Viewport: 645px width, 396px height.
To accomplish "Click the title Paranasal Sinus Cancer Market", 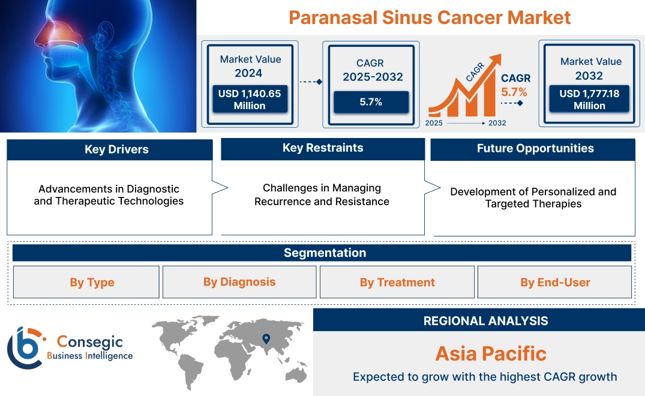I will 429,17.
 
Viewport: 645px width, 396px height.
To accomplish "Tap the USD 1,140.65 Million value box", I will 250,100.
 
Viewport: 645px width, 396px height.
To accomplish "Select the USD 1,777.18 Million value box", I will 589,100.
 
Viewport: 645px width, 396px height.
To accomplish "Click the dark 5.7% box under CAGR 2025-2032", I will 371,102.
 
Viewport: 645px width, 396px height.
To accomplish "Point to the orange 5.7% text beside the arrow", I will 514,92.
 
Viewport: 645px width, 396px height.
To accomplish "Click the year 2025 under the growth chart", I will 434,123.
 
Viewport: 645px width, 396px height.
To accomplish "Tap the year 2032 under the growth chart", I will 497,123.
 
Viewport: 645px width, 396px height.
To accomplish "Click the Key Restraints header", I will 323,148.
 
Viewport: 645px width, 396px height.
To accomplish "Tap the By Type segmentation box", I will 92,283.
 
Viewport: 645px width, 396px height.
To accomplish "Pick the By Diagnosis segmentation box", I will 239,282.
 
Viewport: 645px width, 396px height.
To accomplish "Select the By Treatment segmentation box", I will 397,283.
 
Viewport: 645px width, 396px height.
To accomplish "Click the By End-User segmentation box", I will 555,283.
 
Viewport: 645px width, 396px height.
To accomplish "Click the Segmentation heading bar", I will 325,253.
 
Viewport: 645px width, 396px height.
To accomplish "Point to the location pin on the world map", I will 266,340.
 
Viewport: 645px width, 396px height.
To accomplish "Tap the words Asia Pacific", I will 491,353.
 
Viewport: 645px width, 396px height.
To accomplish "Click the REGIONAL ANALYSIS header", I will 485,321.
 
